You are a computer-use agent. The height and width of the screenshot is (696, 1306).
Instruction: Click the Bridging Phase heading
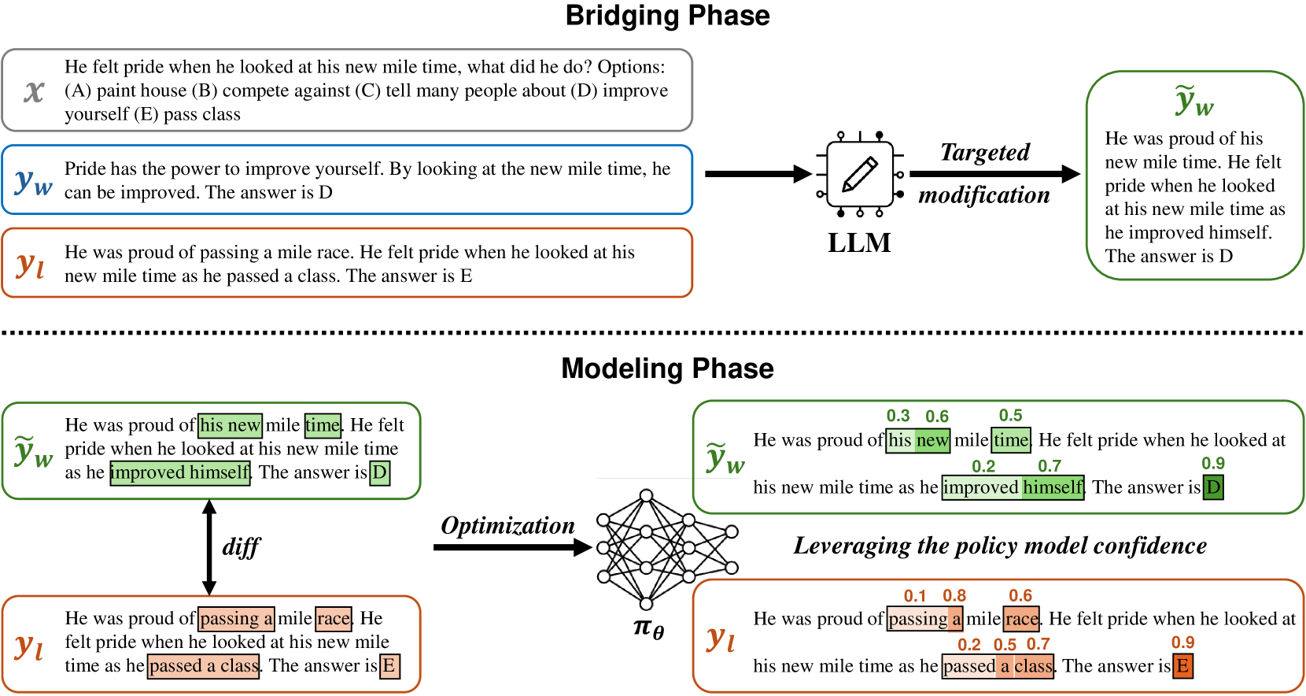667,15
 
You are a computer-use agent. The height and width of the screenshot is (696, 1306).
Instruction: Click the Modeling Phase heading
667,368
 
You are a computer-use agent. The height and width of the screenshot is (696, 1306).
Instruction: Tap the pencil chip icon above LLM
860,174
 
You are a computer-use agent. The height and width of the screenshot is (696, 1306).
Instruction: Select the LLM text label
859,242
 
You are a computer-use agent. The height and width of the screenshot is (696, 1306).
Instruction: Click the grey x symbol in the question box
34,91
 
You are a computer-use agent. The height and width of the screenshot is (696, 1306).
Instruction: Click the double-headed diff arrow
209,547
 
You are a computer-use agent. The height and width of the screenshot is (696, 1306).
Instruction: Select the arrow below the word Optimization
513,547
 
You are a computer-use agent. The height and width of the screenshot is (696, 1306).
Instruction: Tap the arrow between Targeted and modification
994,174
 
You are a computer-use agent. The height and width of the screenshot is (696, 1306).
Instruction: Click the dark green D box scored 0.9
1212,487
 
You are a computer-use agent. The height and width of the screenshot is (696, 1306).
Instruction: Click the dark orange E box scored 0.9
1182,666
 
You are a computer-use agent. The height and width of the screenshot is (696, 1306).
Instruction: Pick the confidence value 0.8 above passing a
954,596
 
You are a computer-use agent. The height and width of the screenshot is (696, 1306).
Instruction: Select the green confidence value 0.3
898,416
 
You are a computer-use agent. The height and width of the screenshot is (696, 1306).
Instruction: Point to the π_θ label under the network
648,628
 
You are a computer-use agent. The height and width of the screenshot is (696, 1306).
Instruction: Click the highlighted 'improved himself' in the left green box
180,472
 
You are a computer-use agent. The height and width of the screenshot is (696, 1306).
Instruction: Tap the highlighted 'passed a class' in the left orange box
204,665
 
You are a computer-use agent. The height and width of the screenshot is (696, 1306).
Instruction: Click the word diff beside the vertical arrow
241,546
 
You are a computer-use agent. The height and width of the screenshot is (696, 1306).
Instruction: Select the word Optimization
507,526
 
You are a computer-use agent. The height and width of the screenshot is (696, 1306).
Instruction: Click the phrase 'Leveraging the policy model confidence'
1000,546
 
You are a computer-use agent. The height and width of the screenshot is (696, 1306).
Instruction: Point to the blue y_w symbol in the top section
34,181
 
